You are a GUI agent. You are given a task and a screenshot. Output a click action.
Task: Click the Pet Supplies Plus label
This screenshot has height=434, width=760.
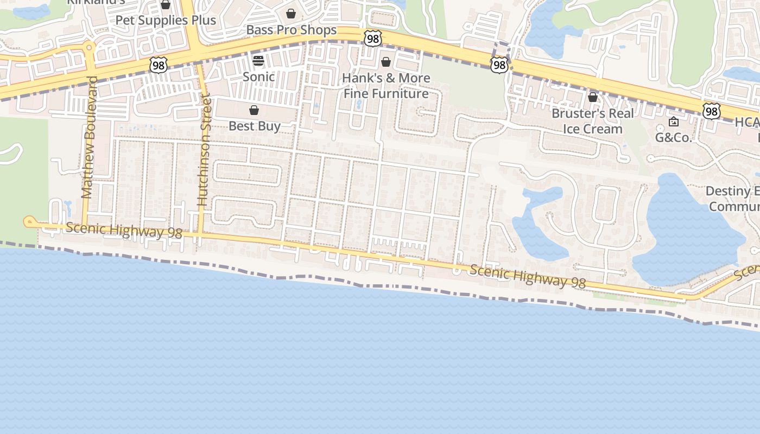coord(166,20)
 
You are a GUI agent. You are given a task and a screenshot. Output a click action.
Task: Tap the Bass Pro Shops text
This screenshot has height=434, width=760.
coord(292,30)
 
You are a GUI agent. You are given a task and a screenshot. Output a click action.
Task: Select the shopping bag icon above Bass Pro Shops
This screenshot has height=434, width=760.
coord(291,14)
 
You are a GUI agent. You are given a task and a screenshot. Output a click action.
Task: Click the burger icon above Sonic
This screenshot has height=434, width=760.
coord(258,60)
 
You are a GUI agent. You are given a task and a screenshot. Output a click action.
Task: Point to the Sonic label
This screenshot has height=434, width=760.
coord(258,76)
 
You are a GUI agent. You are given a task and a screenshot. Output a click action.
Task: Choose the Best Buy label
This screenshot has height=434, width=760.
coord(254,126)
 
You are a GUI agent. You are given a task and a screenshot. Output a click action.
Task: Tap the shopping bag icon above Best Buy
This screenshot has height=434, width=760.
coord(254,111)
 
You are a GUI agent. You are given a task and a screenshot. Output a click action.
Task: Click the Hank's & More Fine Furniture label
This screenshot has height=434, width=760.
coord(386,86)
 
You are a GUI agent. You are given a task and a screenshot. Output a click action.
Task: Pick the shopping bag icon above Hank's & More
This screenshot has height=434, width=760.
coord(385,62)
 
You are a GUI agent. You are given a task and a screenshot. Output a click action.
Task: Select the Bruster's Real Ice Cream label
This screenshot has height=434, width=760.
coord(592,121)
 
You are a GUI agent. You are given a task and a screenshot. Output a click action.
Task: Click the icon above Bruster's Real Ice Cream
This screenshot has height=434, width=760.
coord(593,97)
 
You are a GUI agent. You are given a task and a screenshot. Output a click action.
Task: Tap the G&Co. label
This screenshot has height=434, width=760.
coord(674,137)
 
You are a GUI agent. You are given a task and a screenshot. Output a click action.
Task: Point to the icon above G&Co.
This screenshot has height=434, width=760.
coord(674,122)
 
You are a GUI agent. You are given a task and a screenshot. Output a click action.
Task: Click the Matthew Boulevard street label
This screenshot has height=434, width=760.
coord(89,137)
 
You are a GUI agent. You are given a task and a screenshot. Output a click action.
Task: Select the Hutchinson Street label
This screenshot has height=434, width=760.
coord(204,149)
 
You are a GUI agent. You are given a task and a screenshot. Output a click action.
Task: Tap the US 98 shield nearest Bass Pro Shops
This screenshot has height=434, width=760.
coord(373,38)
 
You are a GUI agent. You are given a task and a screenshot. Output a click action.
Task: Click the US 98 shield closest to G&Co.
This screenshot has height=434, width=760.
coord(711,111)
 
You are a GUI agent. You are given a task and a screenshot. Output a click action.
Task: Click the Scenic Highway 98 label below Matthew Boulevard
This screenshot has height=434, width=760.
coord(124,231)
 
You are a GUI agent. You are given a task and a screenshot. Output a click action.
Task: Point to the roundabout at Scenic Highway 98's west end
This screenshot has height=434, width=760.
coord(29,221)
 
